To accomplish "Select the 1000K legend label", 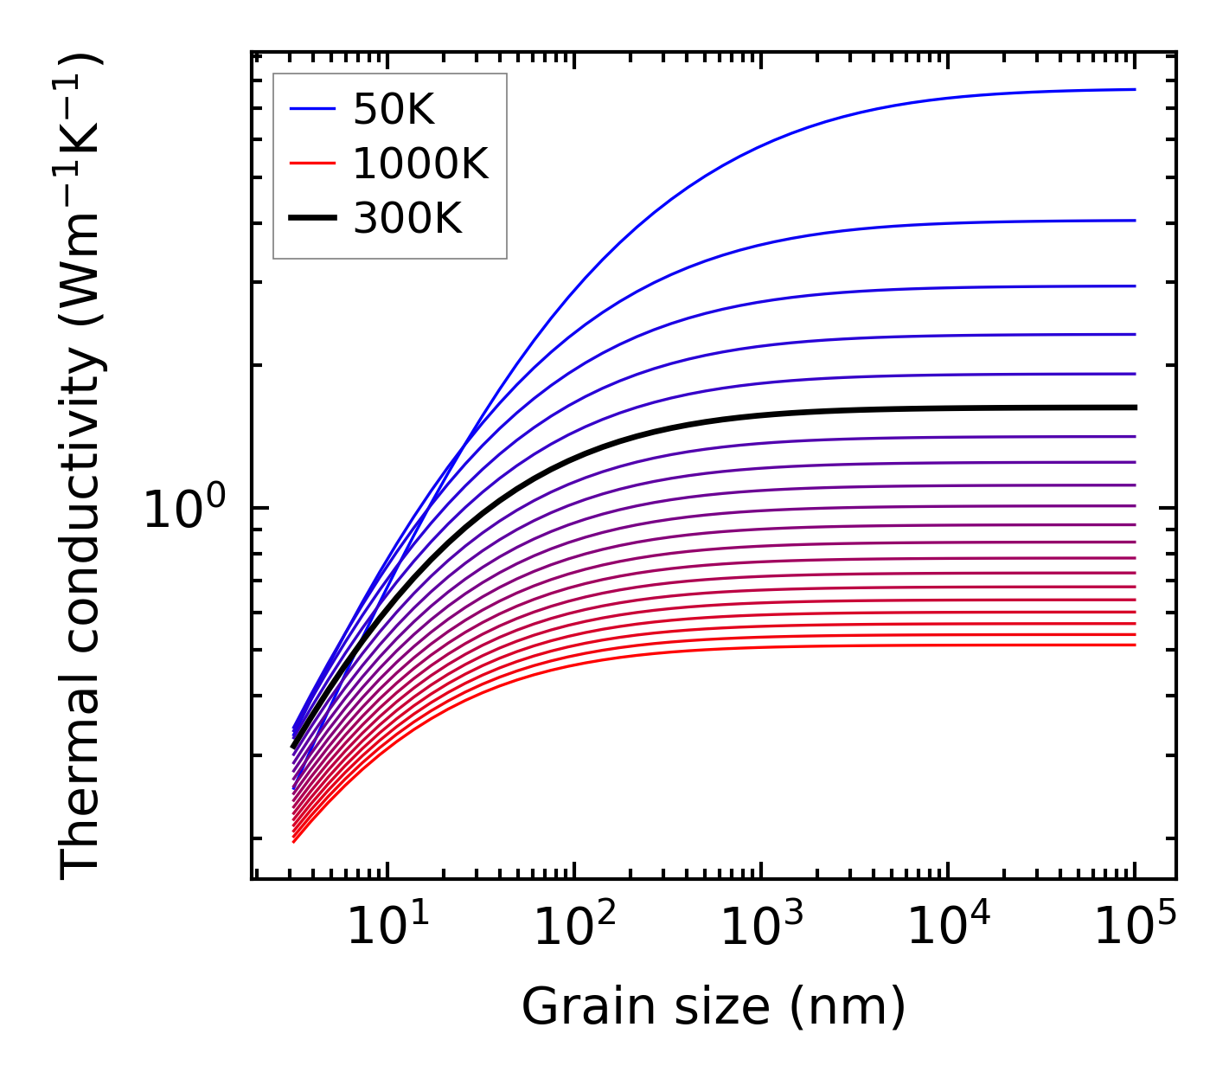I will [420, 164].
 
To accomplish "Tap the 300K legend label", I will [407, 220].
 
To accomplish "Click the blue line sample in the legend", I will [311, 109].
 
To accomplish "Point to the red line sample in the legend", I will [311, 164].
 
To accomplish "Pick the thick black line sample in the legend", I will [311, 219].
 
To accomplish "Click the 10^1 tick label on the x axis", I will [387, 928].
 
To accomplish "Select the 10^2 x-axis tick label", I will [574, 928].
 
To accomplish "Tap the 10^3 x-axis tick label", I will [761, 928].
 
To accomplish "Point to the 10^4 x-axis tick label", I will [948, 928].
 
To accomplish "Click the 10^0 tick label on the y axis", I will [182, 510].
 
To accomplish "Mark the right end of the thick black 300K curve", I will [1134, 407].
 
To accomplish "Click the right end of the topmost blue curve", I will [1134, 89].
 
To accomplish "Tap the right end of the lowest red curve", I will [1134, 645].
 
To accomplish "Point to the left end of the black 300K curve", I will [294, 745].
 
